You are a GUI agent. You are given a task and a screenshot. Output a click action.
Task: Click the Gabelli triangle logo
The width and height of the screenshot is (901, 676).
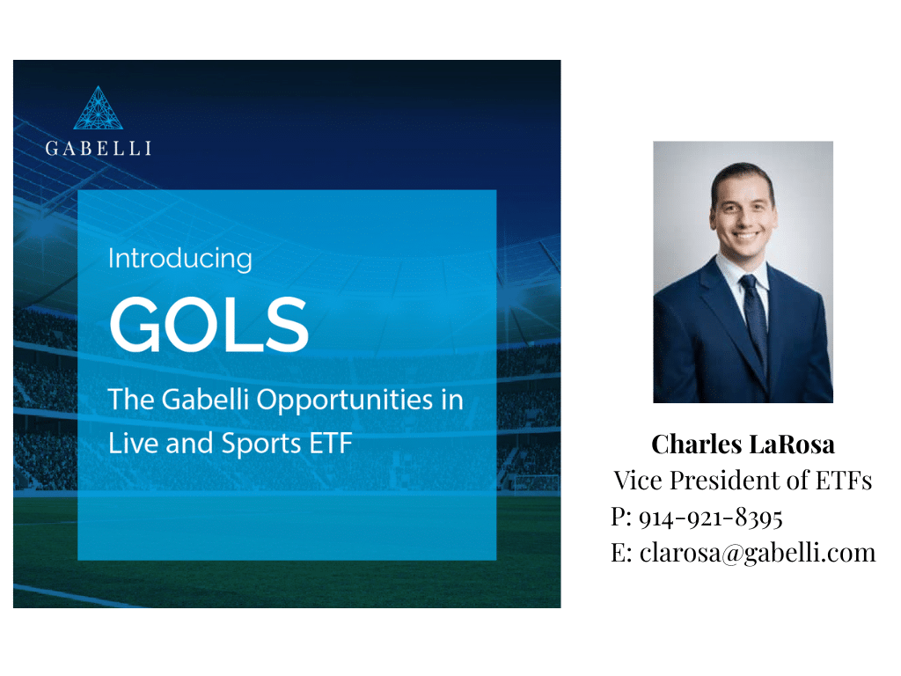click(99, 108)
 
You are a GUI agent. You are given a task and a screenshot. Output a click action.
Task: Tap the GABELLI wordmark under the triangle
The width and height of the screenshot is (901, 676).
click(99, 148)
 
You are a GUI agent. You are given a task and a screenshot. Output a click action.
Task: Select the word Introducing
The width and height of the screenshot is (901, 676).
click(179, 259)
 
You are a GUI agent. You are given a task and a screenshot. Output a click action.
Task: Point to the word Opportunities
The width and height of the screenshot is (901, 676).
click(345, 400)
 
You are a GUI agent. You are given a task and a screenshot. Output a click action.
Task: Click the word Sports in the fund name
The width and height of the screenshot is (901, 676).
click(261, 445)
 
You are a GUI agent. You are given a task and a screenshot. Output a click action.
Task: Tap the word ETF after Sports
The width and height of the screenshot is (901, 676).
click(331, 444)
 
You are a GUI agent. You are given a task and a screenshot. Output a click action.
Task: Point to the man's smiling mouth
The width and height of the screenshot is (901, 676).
click(745, 235)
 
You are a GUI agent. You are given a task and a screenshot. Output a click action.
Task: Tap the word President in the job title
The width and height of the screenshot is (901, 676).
click(724, 481)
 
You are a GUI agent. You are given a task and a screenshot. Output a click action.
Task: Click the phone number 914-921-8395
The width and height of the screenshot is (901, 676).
click(711, 518)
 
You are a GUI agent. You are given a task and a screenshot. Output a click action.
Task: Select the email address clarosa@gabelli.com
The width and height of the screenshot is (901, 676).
click(758, 554)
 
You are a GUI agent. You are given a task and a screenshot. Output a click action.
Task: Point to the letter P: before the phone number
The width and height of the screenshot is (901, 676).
click(621, 517)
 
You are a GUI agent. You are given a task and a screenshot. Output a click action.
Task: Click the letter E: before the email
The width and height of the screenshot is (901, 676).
click(621, 553)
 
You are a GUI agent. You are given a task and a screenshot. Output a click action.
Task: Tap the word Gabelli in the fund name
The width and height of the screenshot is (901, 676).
click(205, 400)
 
